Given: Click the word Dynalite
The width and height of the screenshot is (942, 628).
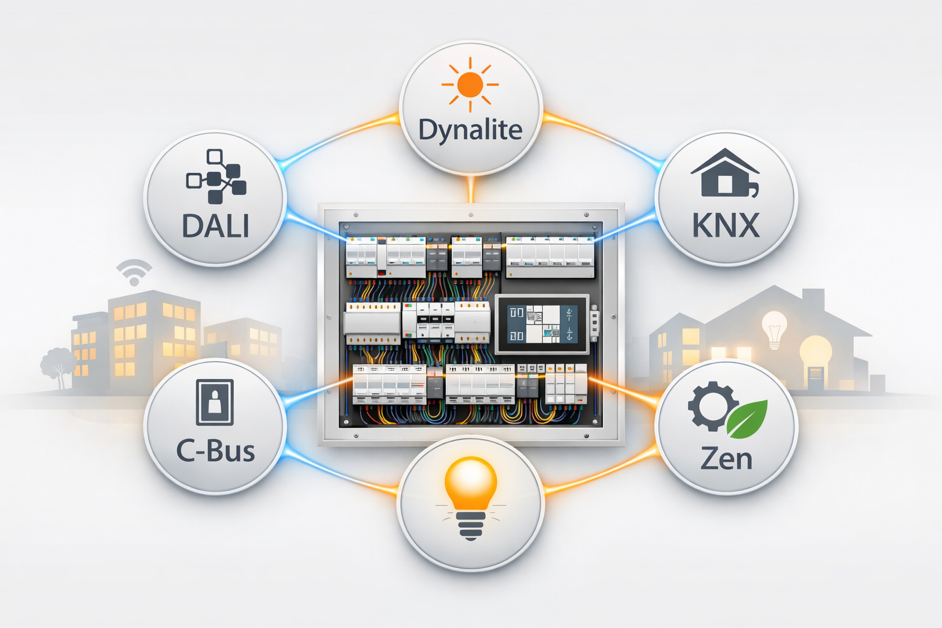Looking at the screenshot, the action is pos(470,131).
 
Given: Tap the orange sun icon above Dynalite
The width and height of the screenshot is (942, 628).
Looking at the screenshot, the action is pos(470,85).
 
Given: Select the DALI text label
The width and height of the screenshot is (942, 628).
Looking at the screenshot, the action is pos(216,226).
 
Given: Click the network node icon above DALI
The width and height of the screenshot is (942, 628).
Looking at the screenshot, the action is pos(216,177).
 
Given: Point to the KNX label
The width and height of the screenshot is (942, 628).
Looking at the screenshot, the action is pos(726,226).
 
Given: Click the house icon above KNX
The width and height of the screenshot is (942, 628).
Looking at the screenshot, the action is pos(725,172).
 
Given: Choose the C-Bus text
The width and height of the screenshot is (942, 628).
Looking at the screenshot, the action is pos(215,451).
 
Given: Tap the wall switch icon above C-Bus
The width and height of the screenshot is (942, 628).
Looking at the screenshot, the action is pos(215,402).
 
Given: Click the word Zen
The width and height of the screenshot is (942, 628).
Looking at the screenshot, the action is pos(726,459).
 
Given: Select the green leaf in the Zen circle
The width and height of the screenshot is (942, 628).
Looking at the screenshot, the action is pos(748,419).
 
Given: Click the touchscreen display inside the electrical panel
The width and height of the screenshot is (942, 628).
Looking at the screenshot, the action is pos(542,324).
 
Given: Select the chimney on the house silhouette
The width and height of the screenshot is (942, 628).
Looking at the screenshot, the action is pos(813,301).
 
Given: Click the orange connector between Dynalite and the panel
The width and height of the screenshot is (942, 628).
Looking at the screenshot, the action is pos(471,190).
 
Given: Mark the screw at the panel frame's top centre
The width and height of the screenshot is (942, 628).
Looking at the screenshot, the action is pos(471,215).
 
